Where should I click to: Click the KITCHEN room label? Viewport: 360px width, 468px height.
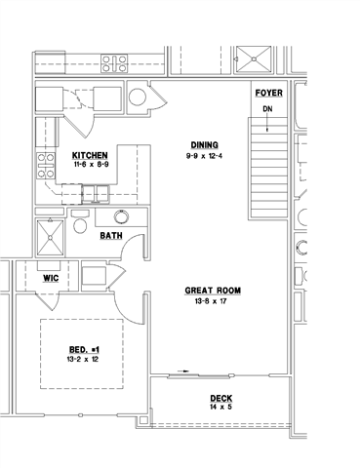pyautogui.click(x=90, y=156)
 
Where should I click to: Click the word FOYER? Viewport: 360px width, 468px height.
pyautogui.click(x=268, y=93)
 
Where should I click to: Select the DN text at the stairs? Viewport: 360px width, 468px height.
pyautogui.click(x=268, y=109)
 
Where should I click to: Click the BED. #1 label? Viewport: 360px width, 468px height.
pyautogui.click(x=84, y=349)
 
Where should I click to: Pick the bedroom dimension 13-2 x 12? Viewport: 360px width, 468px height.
pyautogui.click(x=84, y=360)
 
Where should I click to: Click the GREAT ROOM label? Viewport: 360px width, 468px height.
pyautogui.click(x=212, y=291)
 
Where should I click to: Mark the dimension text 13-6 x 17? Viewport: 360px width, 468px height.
pyautogui.click(x=212, y=301)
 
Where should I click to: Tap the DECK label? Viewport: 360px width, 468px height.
pyautogui.click(x=221, y=399)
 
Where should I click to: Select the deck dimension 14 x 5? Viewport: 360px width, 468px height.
pyautogui.click(x=221, y=409)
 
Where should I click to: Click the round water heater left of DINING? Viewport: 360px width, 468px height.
pyautogui.click(x=136, y=97)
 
